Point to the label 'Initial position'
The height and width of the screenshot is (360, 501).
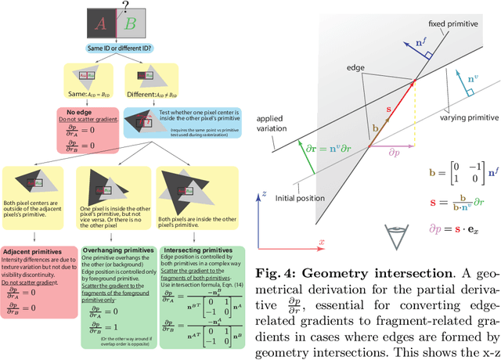[300, 196]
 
